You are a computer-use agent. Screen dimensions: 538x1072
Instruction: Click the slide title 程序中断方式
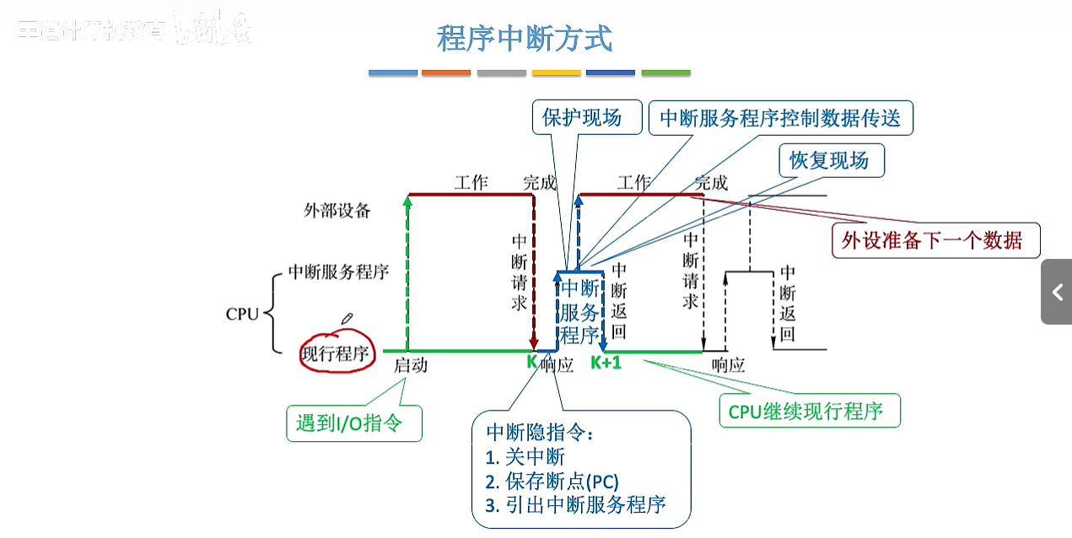(x=524, y=39)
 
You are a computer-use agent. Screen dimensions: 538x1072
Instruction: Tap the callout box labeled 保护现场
(x=581, y=117)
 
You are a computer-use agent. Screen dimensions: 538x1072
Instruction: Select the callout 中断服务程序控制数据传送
(x=780, y=118)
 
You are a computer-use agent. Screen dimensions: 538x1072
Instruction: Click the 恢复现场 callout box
(x=830, y=160)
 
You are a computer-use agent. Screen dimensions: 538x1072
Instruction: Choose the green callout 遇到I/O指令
(x=353, y=423)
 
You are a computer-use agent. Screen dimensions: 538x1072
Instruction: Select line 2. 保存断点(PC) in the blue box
(x=552, y=482)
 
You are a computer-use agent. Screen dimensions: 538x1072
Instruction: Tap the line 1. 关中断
(x=525, y=458)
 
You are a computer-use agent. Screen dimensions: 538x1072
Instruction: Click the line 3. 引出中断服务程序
(x=575, y=505)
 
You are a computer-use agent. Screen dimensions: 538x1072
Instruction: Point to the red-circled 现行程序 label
(x=337, y=353)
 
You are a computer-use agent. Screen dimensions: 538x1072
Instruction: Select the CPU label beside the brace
(x=242, y=315)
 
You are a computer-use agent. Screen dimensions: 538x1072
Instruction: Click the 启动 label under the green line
(x=411, y=365)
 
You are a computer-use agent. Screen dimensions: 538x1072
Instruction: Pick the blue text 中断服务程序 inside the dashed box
(x=579, y=311)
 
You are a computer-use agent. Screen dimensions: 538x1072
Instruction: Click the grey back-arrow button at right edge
(x=1056, y=292)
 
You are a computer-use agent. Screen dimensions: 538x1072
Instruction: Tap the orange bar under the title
(x=446, y=73)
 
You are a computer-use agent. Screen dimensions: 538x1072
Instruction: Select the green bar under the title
(x=665, y=73)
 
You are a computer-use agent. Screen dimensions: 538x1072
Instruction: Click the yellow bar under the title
(x=556, y=73)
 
